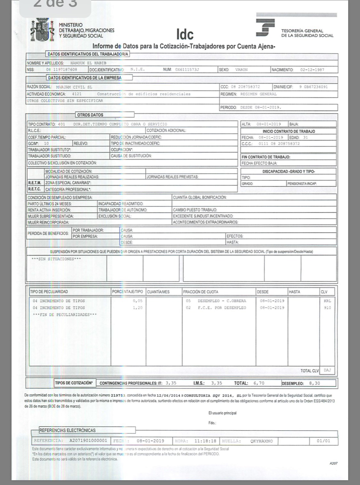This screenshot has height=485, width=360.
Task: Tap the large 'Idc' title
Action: click(185, 34)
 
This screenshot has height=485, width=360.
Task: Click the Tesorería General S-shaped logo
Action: click(265, 28)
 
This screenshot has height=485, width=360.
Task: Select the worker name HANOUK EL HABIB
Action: click(88, 63)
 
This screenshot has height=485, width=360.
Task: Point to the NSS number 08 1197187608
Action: click(61, 69)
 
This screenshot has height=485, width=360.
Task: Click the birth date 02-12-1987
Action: click(312, 70)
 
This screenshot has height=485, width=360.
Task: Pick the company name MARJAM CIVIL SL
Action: click(74, 87)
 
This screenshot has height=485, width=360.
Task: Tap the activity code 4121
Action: click(77, 94)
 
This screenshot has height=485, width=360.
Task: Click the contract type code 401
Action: click(61, 124)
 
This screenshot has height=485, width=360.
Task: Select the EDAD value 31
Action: click(306, 138)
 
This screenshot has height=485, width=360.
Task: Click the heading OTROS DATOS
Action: click(90, 115)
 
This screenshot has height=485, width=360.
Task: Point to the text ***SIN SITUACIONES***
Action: click(56, 259)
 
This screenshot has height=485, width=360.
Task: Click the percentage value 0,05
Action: click(138, 301)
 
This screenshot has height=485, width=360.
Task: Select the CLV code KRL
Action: click(327, 301)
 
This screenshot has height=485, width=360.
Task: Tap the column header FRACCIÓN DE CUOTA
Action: click(201, 292)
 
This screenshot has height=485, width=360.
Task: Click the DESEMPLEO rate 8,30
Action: click(315, 383)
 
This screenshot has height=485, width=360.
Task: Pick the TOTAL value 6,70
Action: click(259, 383)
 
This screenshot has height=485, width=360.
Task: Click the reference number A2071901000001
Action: click(88, 441)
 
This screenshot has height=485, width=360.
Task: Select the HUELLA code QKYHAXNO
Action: click(261, 441)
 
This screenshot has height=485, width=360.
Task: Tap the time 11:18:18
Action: click(205, 441)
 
